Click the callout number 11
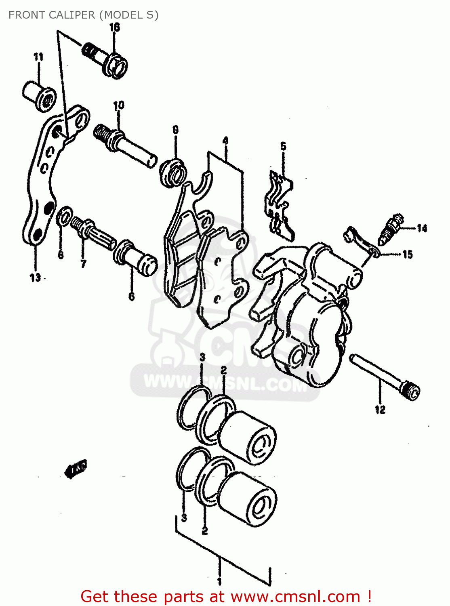tap(38, 57)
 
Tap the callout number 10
tap(119, 106)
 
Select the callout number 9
tap(175, 130)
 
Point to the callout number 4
tap(225, 141)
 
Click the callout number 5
tap(283, 146)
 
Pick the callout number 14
tap(422, 229)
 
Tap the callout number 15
tap(408, 254)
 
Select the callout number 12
tap(380, 410)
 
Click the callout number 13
tap(35, 278)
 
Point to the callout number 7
tap(83, 264)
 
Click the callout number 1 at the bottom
tap(219, 581)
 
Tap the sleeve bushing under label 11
tap(39, 96)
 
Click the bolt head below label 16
tap(116, 65)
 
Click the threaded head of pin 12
tap(411, 391)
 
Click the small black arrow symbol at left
tap(76, 468)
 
